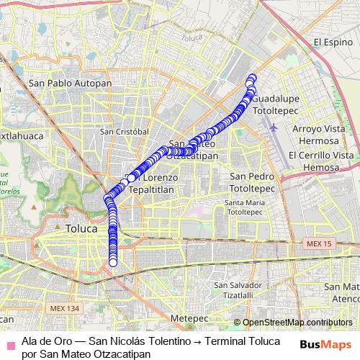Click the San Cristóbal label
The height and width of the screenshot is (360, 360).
pos(124,132)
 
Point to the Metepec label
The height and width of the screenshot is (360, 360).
pos(190,318)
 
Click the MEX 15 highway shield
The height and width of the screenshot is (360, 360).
pos(318,245)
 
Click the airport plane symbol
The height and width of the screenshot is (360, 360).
pos(274,128)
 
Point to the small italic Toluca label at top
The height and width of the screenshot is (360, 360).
pos(192,37)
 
